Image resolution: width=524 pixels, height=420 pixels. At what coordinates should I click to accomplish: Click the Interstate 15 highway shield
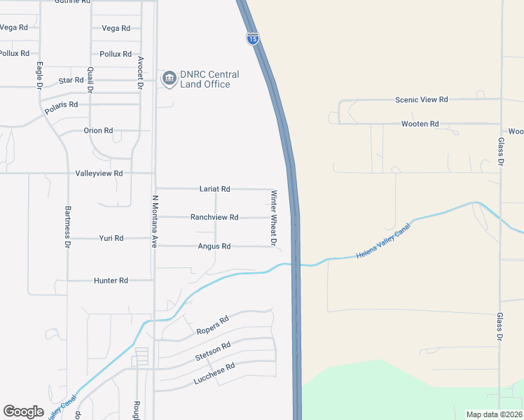click(253, 38)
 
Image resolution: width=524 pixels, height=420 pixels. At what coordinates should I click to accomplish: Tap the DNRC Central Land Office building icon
click(169, 79)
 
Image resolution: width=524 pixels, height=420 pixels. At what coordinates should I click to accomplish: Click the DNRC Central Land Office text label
click(209, 79)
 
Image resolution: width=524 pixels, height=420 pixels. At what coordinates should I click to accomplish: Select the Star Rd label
click(71, 80)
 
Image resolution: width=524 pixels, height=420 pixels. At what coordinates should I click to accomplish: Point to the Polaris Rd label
click(61, 105)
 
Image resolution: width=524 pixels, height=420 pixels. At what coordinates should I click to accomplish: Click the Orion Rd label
click(98, 131)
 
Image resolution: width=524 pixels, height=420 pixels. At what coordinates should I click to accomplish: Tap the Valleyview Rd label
click(99, 173)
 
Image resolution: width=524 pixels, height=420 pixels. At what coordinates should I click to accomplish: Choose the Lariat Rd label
click(214, 189)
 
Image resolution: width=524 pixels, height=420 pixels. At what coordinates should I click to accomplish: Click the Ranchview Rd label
click(214, 217)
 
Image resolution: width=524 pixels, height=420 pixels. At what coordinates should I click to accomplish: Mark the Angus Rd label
click(214, 246)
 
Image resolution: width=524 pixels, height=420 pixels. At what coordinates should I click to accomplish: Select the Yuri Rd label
click(111, 238)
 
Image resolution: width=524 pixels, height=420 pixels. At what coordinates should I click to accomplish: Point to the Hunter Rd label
click(111, 280)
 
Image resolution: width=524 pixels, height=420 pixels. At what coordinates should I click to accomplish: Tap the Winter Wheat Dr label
click(274, 218)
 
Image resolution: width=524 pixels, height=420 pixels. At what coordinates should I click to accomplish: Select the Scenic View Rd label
click(421, 100)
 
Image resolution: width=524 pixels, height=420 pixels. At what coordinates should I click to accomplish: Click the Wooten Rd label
click(420, 124)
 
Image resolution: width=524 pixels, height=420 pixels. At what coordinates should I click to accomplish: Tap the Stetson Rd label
click(213, 351)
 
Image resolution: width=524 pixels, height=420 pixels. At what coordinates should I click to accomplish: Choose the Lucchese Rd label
click(214, 374)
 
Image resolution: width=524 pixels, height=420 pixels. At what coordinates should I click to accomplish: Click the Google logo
click(24, 412)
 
